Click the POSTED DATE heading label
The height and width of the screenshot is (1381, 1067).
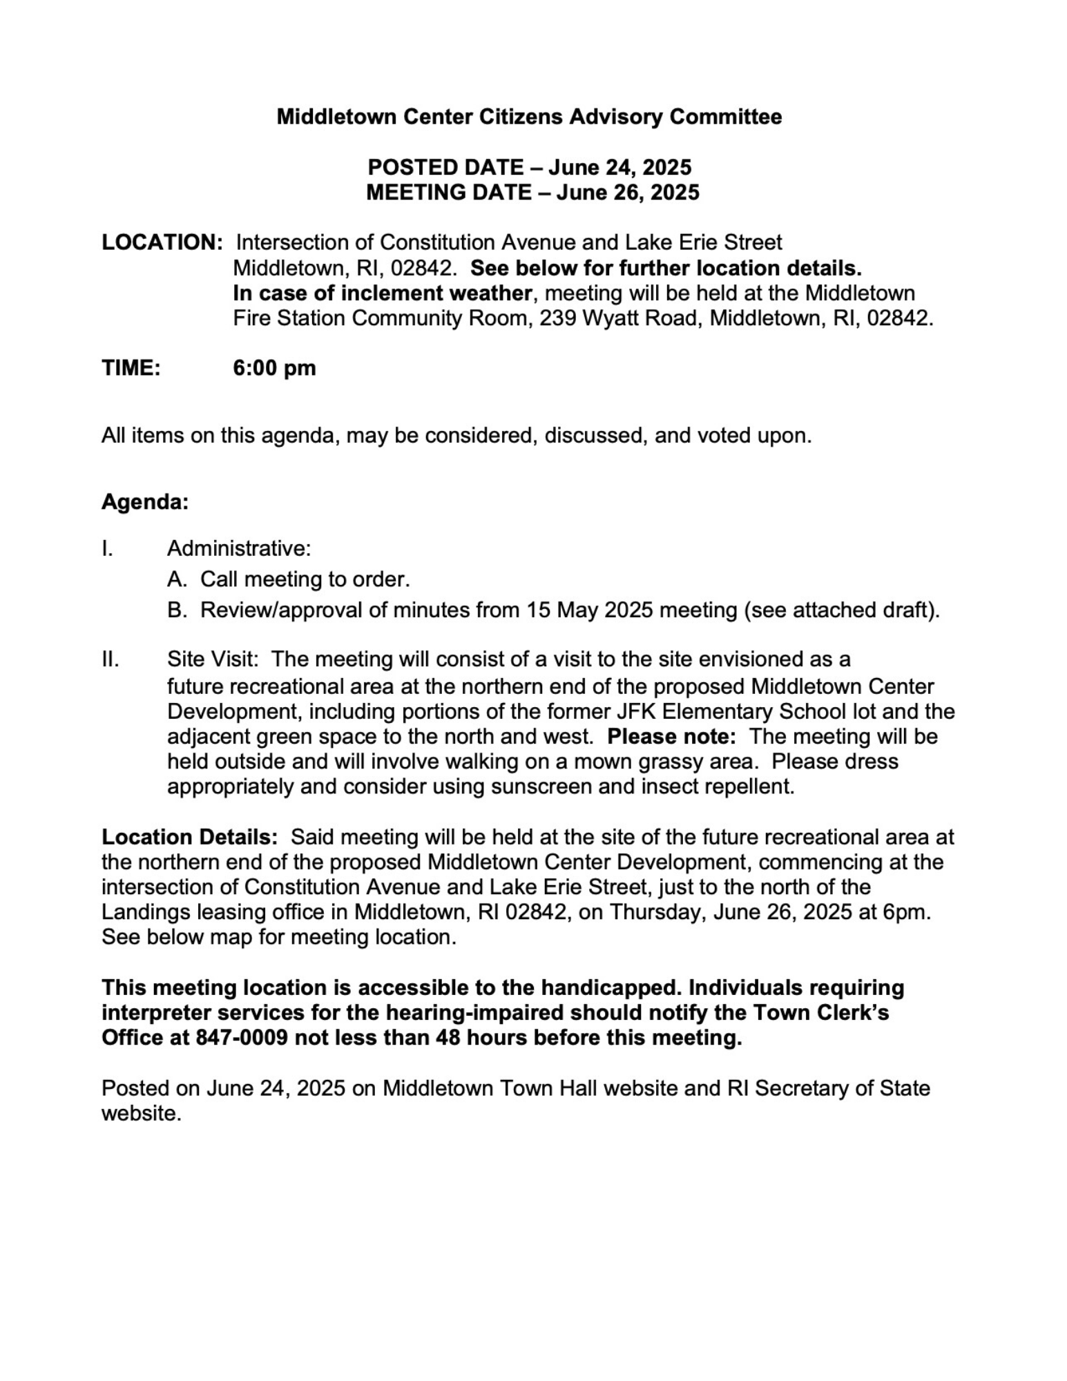pyautogui.click(x=445, y=167)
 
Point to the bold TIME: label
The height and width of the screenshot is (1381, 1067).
pyautogui.click(x=131, y=367)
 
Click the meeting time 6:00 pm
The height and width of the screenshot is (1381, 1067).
pyautogui.click(x=274, y=367)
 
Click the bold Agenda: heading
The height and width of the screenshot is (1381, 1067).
pyautogui.click(x=145, y=501)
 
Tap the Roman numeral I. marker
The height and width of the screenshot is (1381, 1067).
pyautogui.click(x=107, y=548)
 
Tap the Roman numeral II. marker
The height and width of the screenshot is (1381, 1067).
pyautogui.click(x=110, y=659)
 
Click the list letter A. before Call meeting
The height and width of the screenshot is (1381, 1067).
pyautogui.click(x=177, y=579)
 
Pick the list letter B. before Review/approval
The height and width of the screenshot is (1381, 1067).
pyautogui.click(x=177, y=610)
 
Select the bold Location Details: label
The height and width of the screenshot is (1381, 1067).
pyautogui.click(x=190, y=837)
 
